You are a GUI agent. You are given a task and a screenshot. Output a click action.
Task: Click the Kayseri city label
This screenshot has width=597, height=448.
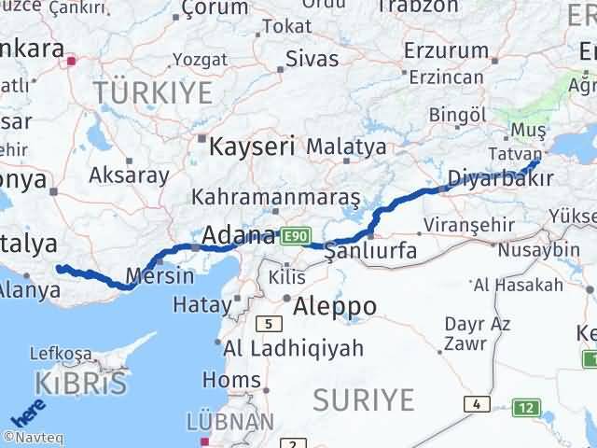point(252,147)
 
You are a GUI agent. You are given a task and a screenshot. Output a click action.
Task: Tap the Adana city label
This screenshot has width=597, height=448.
point(239,235)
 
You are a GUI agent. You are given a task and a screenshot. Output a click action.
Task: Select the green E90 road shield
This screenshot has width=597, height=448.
point(294,236)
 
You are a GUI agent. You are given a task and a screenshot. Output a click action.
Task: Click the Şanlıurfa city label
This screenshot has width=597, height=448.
point(370,251)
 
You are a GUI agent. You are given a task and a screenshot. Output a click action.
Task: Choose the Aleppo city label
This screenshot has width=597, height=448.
point(335,306)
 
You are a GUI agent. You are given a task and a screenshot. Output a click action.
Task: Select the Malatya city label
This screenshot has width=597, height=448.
point(346,147)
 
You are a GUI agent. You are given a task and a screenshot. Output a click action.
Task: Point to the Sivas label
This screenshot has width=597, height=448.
point(311,59)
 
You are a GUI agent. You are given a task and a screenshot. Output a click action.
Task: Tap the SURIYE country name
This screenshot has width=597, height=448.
point(363,399)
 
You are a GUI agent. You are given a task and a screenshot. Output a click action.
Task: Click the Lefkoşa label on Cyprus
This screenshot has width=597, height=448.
point(62,353)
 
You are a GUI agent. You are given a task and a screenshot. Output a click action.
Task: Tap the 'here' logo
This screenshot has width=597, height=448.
point(27,412)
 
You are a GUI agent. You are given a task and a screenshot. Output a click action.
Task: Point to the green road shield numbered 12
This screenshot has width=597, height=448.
point(528,407)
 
